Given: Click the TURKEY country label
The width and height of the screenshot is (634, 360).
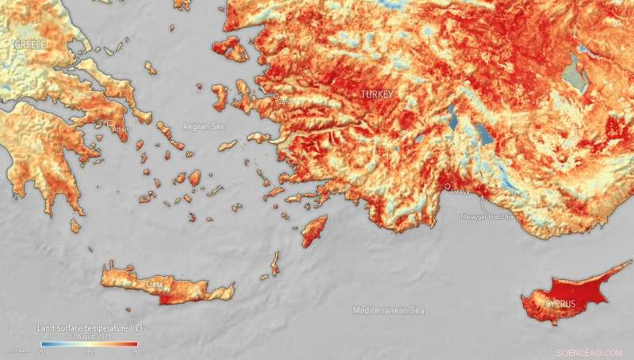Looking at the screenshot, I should (x=376, y=94).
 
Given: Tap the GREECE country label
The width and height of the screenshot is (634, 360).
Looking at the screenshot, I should (x=30, y=45).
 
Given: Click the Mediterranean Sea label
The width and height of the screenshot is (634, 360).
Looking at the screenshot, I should (x=388, y=310).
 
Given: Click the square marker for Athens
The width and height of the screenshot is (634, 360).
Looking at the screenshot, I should (x=110, y=123).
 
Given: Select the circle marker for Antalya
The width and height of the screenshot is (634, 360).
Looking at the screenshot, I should (x=449, y=187).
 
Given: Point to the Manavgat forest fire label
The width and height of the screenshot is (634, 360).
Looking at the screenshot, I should (x=487, y=215).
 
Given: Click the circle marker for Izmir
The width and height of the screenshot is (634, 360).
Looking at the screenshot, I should (x=277, y=96).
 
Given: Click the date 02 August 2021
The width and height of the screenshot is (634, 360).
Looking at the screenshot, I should (x=89, y=336).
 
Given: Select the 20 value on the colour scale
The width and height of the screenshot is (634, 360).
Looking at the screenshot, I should (x=41, y=350).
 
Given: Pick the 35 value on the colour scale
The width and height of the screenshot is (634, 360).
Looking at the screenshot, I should (x=90, y=350).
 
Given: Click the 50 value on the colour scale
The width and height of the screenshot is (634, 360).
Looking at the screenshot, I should (x=136, y=350).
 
